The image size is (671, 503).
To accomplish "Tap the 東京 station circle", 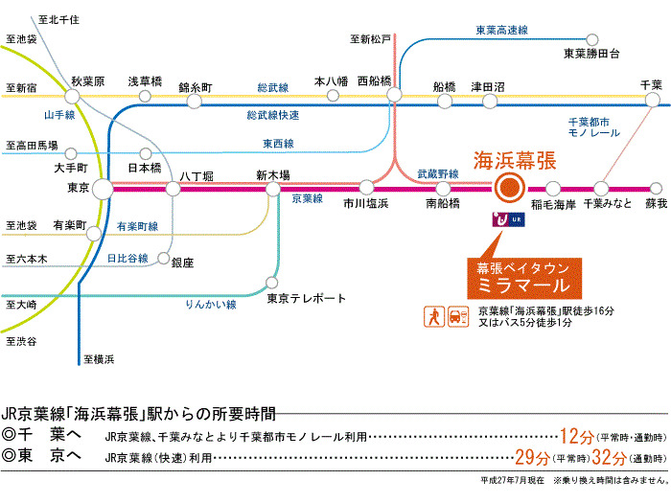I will point(104,189).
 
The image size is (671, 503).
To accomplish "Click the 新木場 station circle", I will point(273,189).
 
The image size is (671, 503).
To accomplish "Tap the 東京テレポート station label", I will point(307,298).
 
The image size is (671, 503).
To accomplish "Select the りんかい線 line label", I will point(210,304).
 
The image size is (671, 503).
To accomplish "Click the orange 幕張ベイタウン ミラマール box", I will point(519,277).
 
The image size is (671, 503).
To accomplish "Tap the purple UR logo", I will point(499,219).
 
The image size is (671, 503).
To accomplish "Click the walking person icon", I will point(434,315).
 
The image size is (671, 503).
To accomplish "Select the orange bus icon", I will point(458,315).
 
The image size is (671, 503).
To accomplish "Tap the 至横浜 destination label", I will point(99,359).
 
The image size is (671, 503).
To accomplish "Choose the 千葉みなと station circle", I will point(604,189).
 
